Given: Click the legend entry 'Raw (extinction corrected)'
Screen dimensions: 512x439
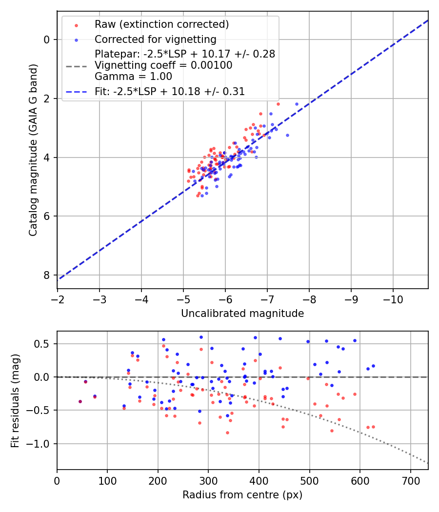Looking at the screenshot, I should (161, 24).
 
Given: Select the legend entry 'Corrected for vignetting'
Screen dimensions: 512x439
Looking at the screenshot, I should (156, 39).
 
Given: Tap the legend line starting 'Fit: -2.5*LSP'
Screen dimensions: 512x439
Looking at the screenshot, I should (170, 91).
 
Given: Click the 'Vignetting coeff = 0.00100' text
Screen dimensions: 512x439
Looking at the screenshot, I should (163, 65).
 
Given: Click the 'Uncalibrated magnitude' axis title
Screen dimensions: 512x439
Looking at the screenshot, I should (242, 314).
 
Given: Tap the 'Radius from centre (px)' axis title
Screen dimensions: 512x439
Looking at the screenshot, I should (242, 495).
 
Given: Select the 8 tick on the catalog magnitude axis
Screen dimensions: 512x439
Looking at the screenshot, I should (47, 275).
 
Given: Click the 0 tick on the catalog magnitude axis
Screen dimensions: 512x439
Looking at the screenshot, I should (47, 39).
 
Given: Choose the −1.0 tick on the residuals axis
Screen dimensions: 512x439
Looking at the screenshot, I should (40, 444).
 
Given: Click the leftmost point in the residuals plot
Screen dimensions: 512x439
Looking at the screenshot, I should (80, 401).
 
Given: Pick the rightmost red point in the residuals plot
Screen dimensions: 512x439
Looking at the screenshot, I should (373, 427).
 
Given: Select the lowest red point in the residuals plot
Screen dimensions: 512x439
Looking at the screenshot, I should (227, 433).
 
